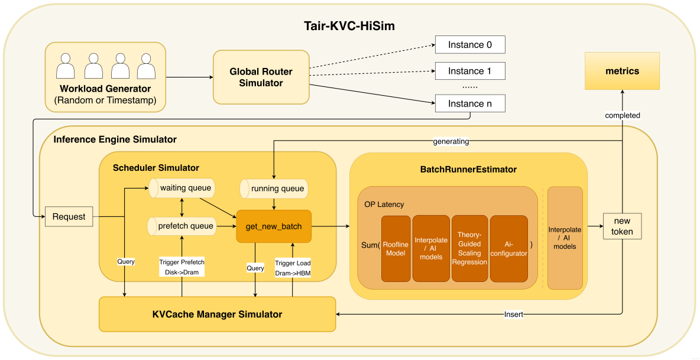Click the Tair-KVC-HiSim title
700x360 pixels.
pyautogui.click(x=349, y=25)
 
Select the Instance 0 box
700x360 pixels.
pyautogui.click(x=470, y=45)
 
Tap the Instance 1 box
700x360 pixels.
pyautogui.click(x=470, y=71)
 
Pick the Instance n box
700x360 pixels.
pyautogui.click(x=470, y=103)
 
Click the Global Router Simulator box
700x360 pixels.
pyautogui.click(x=261, y=77)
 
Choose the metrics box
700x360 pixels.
pyautogui.click(x=622, y=71)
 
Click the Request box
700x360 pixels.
pyautogui.click(x=69, y=217)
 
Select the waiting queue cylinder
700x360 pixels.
pyautogui.click(x=181, y=189)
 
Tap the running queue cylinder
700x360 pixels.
pyautogui.click(x=274, y=189)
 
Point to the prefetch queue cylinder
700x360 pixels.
pyautogui.click(x=181, y=225)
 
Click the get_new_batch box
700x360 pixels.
pyautogui.click(x=273, y=226)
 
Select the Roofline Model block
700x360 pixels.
pyautogui.click(x=396, y=249)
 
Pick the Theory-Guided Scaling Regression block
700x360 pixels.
pyautogui.click(x=469, y=249)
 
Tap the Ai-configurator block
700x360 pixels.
pyautogui.click(x=508, y=249)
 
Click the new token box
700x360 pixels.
pyautogui.click(x=622, y=226)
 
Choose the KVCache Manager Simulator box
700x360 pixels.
pyautogui.click(x=217, y=314)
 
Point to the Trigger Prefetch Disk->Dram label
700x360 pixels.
pyautogui.click(x=182, y=267)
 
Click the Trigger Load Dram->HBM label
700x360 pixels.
pyautogui.click(x=292, y=267)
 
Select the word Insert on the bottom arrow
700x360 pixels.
pyautogui.click(x=513, y=314)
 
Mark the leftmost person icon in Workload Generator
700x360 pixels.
pyautogui.click(x=65, y=66)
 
